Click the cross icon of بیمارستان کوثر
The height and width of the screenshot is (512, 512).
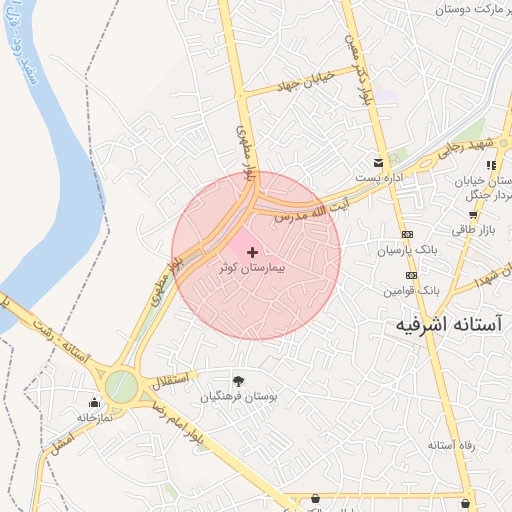[x=252, y=252]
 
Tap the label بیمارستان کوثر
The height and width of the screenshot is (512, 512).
[x=252, y=269]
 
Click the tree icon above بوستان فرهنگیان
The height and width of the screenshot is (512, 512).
[x=238, y=380]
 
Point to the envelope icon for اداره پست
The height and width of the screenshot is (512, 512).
[x=378, y=162]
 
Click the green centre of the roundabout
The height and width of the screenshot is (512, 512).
[x=121, y=387]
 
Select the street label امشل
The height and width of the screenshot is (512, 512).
[x=61, y=440]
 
